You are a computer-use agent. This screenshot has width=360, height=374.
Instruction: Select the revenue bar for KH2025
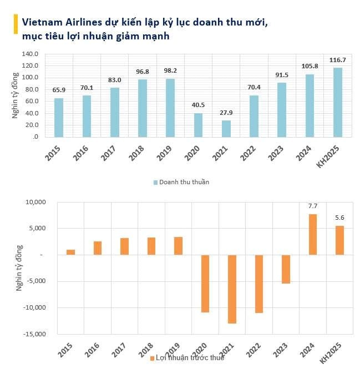click(337, 102)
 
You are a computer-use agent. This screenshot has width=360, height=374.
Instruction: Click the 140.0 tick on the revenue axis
click(31, 54)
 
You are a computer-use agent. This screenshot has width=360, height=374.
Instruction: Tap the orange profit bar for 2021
click(232, 289)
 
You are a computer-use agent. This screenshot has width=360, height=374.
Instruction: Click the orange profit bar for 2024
click(312, 234)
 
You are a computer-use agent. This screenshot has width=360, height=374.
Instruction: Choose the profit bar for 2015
click(70, 252)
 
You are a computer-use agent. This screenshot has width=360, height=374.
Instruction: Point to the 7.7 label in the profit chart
click(312, 207)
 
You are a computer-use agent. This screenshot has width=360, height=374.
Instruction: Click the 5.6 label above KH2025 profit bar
click(339, 218)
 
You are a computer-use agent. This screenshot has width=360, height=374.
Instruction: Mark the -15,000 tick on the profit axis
click(35, 334)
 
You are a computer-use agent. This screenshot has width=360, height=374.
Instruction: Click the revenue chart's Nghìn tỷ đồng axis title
click(16, 95)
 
